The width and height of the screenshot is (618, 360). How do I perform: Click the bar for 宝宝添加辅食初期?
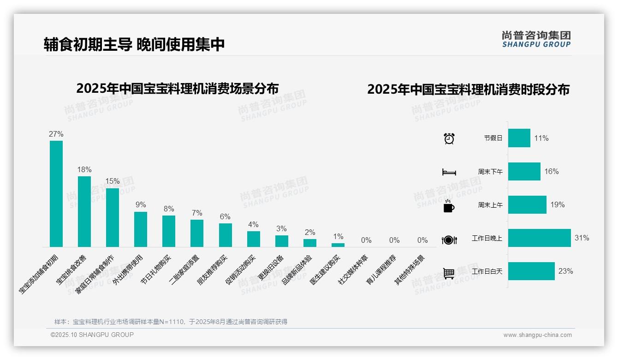56,194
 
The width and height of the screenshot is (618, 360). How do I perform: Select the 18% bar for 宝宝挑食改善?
84,211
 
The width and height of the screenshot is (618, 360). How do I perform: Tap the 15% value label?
113,181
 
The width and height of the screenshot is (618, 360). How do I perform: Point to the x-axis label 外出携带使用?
129,270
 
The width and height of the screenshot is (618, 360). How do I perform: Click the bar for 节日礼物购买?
169,231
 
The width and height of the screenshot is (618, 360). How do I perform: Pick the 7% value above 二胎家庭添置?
197,213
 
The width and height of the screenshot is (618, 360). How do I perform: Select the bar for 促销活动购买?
253,239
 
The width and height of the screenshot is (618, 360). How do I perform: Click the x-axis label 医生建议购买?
325,270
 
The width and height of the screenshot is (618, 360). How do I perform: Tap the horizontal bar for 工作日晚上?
539,238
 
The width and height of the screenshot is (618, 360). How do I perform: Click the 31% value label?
582,238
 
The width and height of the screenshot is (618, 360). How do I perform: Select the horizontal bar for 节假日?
519,138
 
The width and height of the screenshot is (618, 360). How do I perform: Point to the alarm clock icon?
449,138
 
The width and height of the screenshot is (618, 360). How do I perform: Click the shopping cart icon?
449,273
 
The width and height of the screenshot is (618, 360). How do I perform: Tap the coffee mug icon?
449,206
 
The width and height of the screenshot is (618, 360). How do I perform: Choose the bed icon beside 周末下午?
449,172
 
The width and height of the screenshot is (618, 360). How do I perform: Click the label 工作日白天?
487,271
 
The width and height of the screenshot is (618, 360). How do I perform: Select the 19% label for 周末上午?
557,205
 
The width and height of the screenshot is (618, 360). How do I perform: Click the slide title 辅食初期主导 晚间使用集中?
134,44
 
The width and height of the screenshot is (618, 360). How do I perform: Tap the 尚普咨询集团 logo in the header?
536,39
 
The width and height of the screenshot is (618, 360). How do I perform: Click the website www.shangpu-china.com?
537,335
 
